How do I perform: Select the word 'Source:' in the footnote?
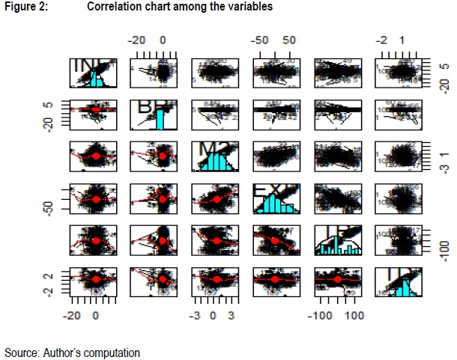tap(21, 351)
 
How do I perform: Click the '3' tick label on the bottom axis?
tap(231, 315)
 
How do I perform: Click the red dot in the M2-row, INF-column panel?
tap(95, 156)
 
